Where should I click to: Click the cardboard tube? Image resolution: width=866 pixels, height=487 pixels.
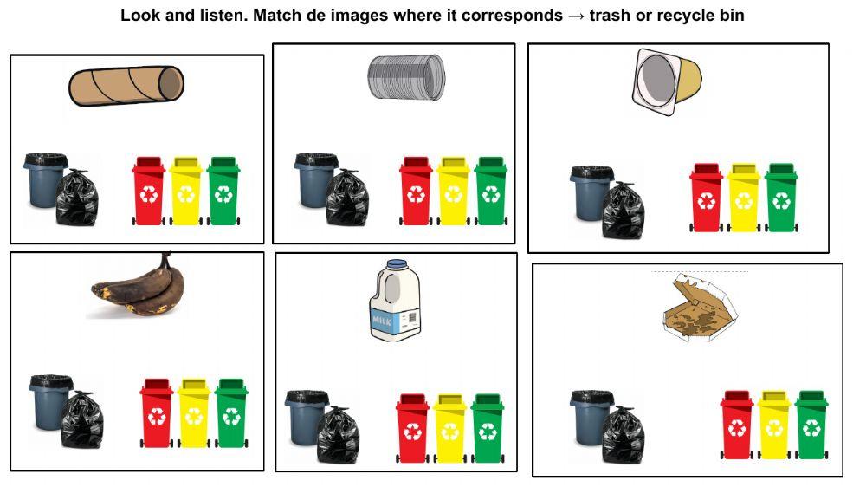126,86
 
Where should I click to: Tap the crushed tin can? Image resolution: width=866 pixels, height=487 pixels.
406,77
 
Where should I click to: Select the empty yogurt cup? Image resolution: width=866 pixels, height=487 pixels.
667,82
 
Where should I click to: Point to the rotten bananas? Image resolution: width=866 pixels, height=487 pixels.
138,286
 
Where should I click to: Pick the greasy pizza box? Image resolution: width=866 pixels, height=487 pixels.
700,308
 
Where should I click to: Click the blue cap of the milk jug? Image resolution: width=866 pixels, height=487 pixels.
397,265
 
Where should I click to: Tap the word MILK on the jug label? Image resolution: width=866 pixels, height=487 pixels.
382,321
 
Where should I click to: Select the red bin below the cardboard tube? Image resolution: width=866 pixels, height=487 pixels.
149,192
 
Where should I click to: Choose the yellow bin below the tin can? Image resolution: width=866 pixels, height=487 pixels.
454,192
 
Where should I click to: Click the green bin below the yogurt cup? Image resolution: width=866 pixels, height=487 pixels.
781,198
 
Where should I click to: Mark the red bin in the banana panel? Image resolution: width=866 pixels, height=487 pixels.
157,413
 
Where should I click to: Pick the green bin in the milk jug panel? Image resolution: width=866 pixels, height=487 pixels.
488,428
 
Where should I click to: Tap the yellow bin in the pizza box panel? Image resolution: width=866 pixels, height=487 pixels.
774,425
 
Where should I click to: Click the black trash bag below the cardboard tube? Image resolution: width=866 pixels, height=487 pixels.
77,198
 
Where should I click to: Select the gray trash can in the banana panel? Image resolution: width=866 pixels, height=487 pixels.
48,402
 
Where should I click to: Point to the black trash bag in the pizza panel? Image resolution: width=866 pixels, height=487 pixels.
624,435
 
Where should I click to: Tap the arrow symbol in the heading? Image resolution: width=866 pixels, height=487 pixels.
576,16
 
